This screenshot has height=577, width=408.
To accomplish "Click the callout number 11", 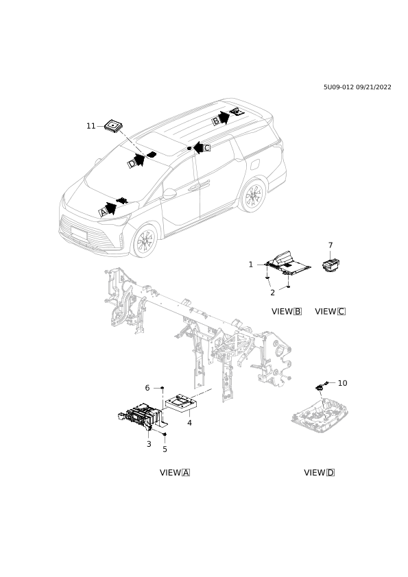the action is point(91,126).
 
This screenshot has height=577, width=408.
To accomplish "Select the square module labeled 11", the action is point(113,126).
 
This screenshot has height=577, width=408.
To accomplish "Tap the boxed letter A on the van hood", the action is point(104,212).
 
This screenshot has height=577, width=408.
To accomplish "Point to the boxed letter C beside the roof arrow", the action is point(207,148).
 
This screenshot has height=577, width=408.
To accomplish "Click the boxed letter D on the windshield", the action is point(132,164).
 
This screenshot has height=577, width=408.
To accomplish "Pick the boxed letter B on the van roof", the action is point(216,121).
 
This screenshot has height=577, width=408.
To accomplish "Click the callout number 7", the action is point(331,245).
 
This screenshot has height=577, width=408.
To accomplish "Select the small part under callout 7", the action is point(331,265).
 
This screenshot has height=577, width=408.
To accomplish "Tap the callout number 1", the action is point(251,265).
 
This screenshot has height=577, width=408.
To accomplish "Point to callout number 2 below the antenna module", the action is point(272,293).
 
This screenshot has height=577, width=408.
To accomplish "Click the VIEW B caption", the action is point(287,311).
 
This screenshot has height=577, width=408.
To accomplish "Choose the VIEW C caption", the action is point(331,311).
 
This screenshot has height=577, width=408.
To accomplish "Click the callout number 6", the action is point(147,388).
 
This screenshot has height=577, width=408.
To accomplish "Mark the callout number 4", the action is point(189,423).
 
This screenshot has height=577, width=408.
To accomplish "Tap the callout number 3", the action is point(149,444).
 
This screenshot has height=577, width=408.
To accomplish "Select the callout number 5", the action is point(165,450).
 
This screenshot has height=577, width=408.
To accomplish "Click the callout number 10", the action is point(342,383).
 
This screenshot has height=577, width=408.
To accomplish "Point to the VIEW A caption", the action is point(175,472).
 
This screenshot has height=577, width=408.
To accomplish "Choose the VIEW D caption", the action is point(320,472).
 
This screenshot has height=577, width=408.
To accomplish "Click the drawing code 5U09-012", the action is point(339,87).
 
